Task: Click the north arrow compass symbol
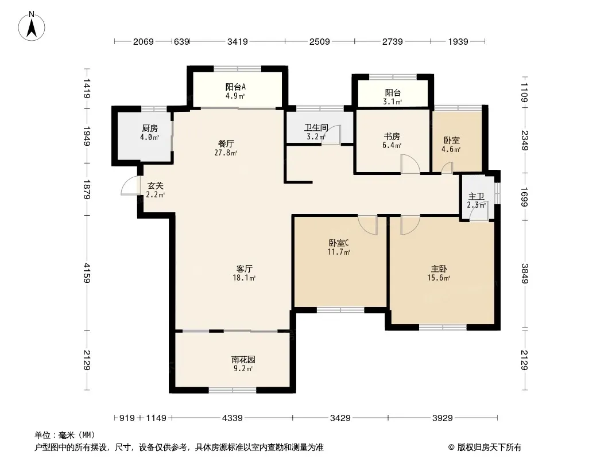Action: coord(32,26)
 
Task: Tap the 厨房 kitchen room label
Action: coord(150,129)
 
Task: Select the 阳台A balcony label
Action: coord(235,87)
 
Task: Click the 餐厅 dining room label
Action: coord(226,144)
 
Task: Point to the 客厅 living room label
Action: coord(245,269)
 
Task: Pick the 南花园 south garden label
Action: coord(243,360)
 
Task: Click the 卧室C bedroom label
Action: coord(339,243)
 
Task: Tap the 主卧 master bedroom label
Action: coord(439,269)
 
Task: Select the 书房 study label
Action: coord(392,137)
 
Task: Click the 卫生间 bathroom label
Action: coord(316,127)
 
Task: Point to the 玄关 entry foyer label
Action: coord(156,186)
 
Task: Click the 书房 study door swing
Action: coord(410,164)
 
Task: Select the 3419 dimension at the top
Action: coord(237,41)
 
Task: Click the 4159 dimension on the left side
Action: coord(86,273)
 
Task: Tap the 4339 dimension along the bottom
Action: coord(233,418)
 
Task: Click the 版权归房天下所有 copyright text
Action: coord(489,448)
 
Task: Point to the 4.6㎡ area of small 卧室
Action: coord(451,149)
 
